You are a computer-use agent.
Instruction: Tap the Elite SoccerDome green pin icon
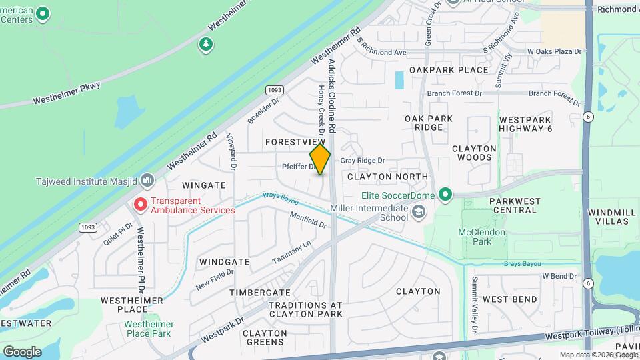(x=445, y=195)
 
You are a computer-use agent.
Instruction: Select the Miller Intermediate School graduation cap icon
(x=419, y=213)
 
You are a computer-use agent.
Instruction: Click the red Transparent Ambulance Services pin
(x=141, y=205)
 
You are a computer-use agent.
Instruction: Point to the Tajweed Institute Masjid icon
(x=147, y=181)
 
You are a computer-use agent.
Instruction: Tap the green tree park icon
(x=207, y=45)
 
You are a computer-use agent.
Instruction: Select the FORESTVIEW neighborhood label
(x=294, y=143)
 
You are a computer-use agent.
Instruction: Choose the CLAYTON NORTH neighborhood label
(x=387, y=177)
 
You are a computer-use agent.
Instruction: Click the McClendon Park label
(x=482, y=237)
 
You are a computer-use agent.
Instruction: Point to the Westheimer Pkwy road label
(x=68, y=94)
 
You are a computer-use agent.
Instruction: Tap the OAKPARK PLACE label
(x=449, y=70)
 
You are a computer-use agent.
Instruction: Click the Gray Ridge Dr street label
(x=363, y=161)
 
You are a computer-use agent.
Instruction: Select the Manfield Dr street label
(x=308, y=219)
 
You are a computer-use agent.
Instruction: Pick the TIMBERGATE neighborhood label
(x=260, y=293)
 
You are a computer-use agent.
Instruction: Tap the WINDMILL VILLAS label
(x=609, y=217)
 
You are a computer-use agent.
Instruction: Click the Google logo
(x=22, y=351)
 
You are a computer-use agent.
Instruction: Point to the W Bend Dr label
(x=559, y=275)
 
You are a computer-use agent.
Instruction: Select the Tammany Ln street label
(x=292, y=253)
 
